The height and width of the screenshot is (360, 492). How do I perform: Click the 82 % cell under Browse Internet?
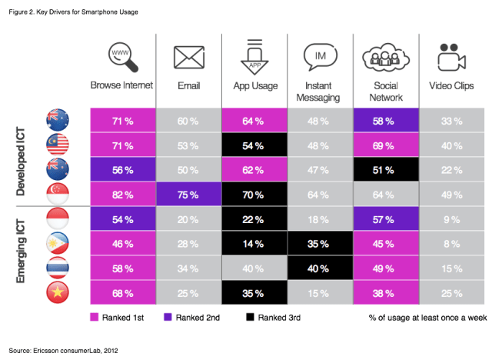click(122, 195)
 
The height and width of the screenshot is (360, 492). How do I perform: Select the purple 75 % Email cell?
click(188, 195)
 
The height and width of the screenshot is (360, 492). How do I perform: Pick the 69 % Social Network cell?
click(384, 145)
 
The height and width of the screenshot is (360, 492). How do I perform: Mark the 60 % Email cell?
click(188, 121)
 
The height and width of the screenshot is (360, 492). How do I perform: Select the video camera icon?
click(451, 58)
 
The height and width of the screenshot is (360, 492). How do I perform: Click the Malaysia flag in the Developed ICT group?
click(58, 146)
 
